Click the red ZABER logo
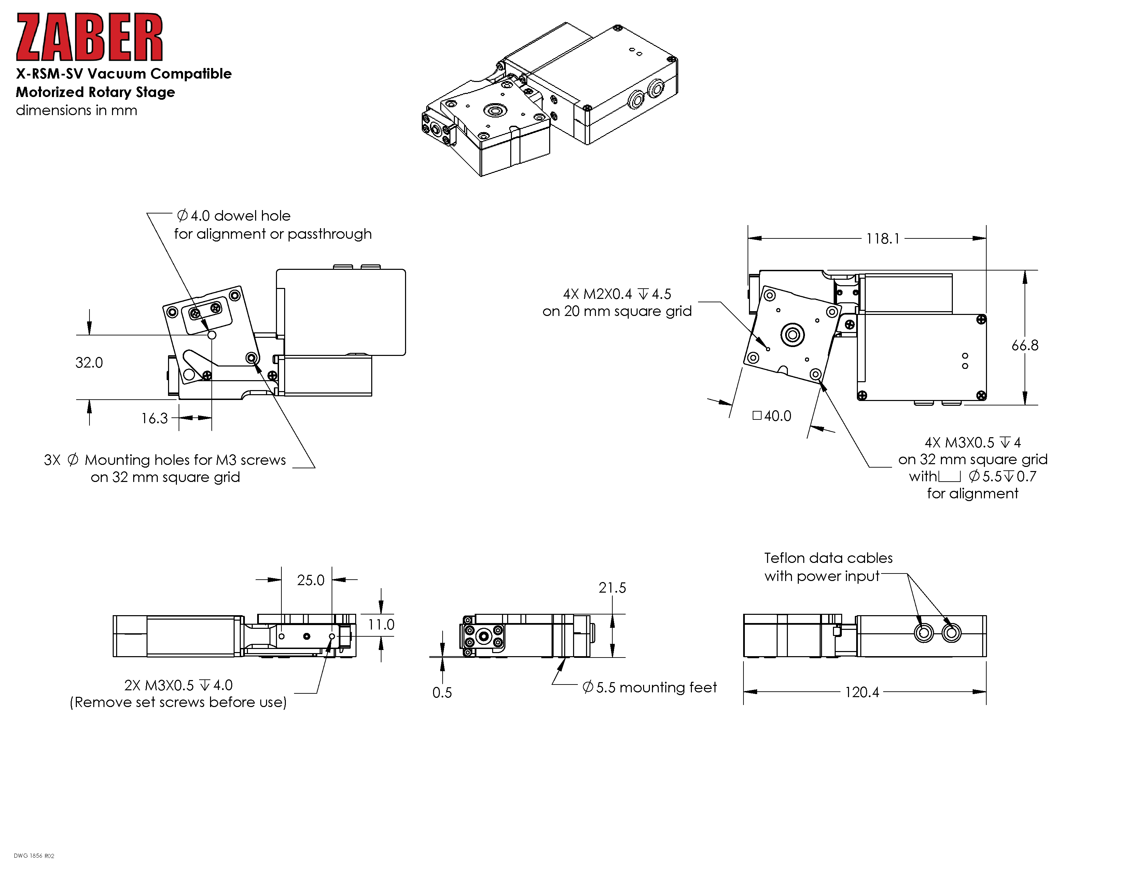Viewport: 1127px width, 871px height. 89,37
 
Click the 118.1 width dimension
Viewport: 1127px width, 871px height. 882,238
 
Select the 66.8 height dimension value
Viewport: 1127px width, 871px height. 1024,345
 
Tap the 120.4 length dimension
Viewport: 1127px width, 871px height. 861,692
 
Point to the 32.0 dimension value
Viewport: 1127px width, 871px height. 89,363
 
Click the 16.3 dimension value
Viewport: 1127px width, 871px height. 154,418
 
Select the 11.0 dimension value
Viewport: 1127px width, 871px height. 381,625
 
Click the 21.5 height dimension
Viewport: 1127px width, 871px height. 612,588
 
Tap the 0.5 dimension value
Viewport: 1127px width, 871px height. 442,692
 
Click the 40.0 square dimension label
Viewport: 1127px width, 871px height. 777,416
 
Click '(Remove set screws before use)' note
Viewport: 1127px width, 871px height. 178,702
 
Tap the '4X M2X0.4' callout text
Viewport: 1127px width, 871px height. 597,294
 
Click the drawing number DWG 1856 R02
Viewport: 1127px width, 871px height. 34,856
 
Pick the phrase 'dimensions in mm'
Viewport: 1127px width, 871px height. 76,110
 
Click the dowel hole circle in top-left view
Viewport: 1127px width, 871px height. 212,335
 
